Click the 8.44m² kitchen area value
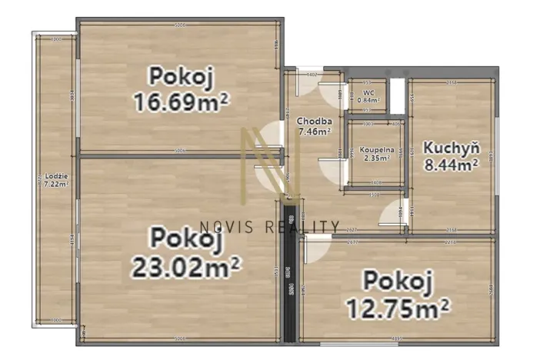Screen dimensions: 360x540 (452, 163)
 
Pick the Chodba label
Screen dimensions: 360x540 (315, 121)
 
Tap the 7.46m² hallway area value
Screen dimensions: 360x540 (315, 132)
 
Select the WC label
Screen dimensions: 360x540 (368, 92)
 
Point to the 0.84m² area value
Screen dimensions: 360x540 (368, 100)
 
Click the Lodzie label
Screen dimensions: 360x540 (55, 175)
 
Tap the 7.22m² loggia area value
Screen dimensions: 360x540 (55, 184)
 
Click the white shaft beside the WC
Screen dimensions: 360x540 (397, 95)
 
